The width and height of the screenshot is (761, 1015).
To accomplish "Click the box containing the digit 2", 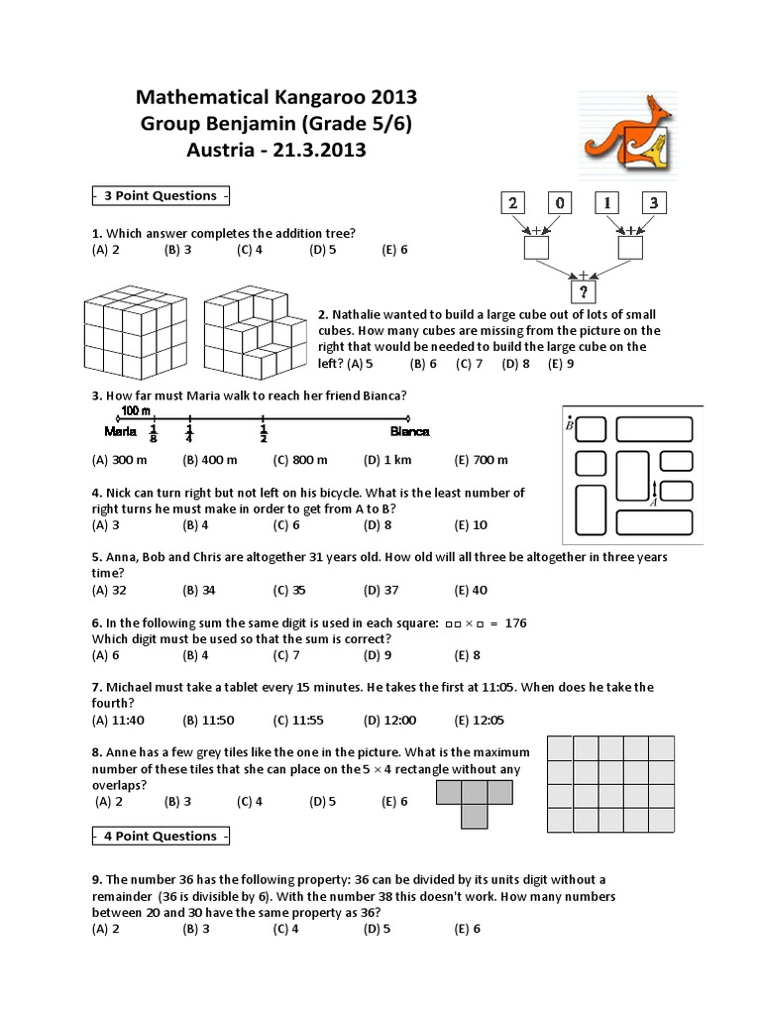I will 512,203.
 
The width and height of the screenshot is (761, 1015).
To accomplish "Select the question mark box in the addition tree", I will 585,292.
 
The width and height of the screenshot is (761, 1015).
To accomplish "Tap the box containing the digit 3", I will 654,203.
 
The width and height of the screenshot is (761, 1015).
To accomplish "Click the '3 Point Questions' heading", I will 161,195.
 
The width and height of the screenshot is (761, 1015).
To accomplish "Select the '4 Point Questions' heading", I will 161,836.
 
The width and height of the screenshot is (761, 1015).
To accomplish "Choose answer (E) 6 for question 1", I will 394,249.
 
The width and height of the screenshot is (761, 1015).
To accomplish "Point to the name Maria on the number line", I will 120,431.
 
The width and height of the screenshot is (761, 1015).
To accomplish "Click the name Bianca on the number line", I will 409,431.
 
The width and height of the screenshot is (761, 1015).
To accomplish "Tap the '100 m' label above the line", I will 136,410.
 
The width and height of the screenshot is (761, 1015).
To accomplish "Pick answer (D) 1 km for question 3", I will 387,460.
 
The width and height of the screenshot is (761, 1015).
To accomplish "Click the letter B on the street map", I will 570,425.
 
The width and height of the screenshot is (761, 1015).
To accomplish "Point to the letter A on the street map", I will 654,503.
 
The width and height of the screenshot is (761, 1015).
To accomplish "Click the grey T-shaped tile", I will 475,798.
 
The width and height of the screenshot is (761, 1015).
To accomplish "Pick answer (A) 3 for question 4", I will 106,524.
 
